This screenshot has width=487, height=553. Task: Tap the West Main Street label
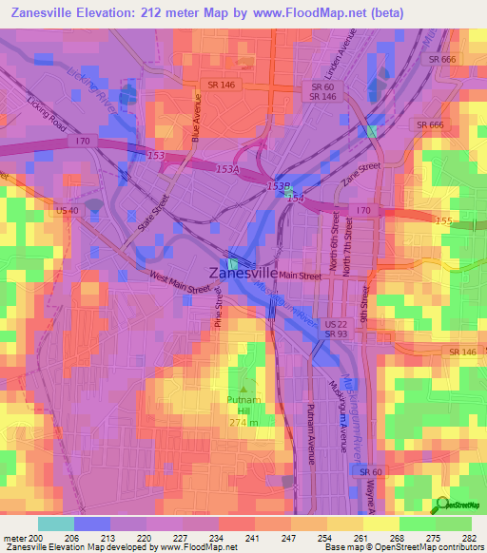pyautogui.click(x=179, y=284)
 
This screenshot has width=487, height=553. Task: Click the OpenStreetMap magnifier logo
pyautogui.click(x=440, y=505)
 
